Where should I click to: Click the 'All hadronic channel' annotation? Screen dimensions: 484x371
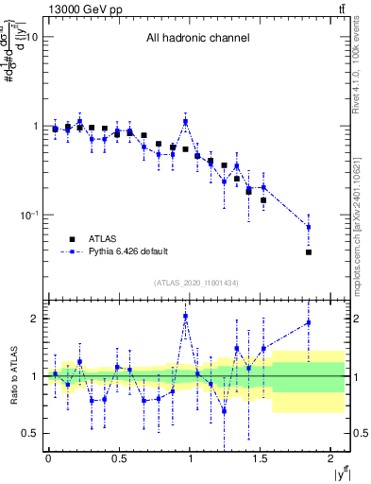click(197, 39)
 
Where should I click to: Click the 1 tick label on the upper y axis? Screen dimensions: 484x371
click(35, 126)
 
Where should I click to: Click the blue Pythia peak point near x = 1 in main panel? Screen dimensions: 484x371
click(186, 121)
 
